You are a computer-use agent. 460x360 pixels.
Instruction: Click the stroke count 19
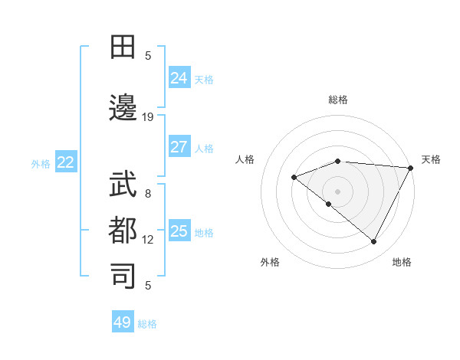coord(148,116)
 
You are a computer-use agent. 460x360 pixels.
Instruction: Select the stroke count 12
coord(148,239)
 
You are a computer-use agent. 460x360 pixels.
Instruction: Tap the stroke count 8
coord(148,194)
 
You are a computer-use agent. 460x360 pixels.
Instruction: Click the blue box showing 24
coord(179,77)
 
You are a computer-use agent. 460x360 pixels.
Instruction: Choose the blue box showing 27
coord(179,147)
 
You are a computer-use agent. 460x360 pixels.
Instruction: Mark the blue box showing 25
coord(179,231)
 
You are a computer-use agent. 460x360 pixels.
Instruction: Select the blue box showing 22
coord(66,162)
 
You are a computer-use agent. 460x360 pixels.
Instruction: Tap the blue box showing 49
coord(123,322)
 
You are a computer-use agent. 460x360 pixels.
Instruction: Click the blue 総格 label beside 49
coord(148,324)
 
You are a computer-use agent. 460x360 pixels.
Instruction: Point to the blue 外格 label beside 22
coord(41,163)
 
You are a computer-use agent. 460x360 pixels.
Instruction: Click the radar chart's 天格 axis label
coord(431,159)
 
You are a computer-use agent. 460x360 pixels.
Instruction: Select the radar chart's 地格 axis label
coord(402,262)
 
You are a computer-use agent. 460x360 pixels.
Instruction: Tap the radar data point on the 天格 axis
coord(411,167)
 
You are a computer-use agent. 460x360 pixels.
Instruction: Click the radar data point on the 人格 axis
coord(294,178)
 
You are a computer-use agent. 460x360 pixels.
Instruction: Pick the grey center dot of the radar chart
coord(337,191)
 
